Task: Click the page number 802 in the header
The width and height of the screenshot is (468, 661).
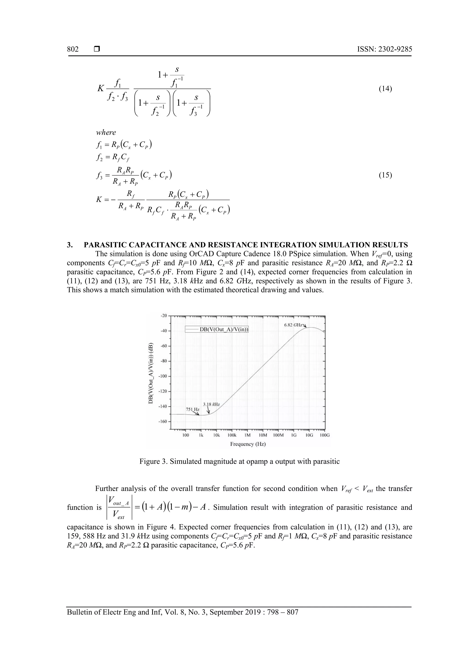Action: (x=73, y=49)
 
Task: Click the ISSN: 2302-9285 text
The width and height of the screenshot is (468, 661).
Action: (x=384, y=49)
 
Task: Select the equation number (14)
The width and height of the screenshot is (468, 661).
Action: (x=385, y=89)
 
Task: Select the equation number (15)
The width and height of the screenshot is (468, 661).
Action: (x=385, y=175)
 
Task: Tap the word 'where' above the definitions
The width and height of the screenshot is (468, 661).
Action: (x=106, y=132)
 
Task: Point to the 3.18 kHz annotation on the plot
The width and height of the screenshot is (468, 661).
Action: (x=211, y=404)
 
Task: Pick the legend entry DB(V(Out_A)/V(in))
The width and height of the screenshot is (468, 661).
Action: (x=224, y=329)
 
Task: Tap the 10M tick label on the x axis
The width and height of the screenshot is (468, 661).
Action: (x=263, y=435)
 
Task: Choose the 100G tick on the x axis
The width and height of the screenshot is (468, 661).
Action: (x=325, y=435)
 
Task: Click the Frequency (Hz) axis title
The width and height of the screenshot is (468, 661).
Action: (x=248, y=444)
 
